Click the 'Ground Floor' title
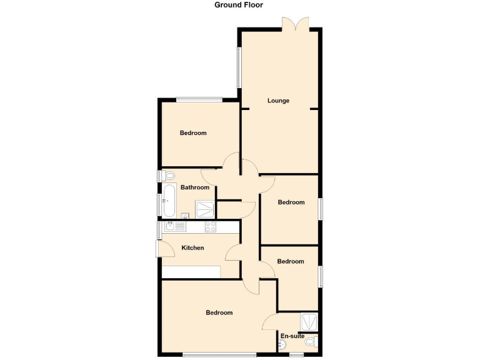tap(239, 5)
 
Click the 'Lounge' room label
tap(278, 101)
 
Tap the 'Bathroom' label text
tap(194, 187)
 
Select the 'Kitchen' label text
tap(192, 248)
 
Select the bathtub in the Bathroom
tap(168, 200)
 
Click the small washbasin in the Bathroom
tap(185, 216)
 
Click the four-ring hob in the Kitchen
tap(211, 227)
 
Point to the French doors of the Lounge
tap(293, 24)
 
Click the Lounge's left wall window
tap(238, 67)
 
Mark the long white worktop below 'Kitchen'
tap(191, 272)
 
